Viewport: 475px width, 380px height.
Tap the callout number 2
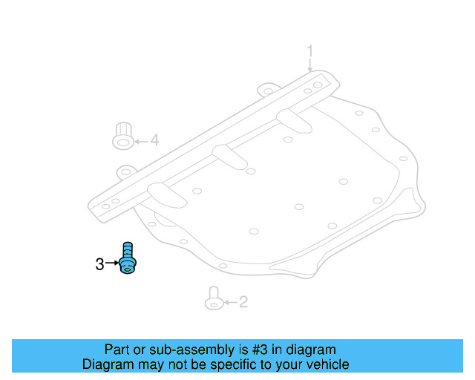click(x=243, y=302)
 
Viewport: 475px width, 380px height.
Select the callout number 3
click(x=99, y=263)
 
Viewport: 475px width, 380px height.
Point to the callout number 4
click(x=154, y=140)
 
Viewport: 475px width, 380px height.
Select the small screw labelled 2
click(x=213, y=298)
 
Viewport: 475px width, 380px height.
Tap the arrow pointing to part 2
click(x=229, y=302)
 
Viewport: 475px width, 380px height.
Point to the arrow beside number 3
click(x=111, y=263)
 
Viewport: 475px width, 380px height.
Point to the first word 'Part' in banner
click(x=117, y=350)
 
